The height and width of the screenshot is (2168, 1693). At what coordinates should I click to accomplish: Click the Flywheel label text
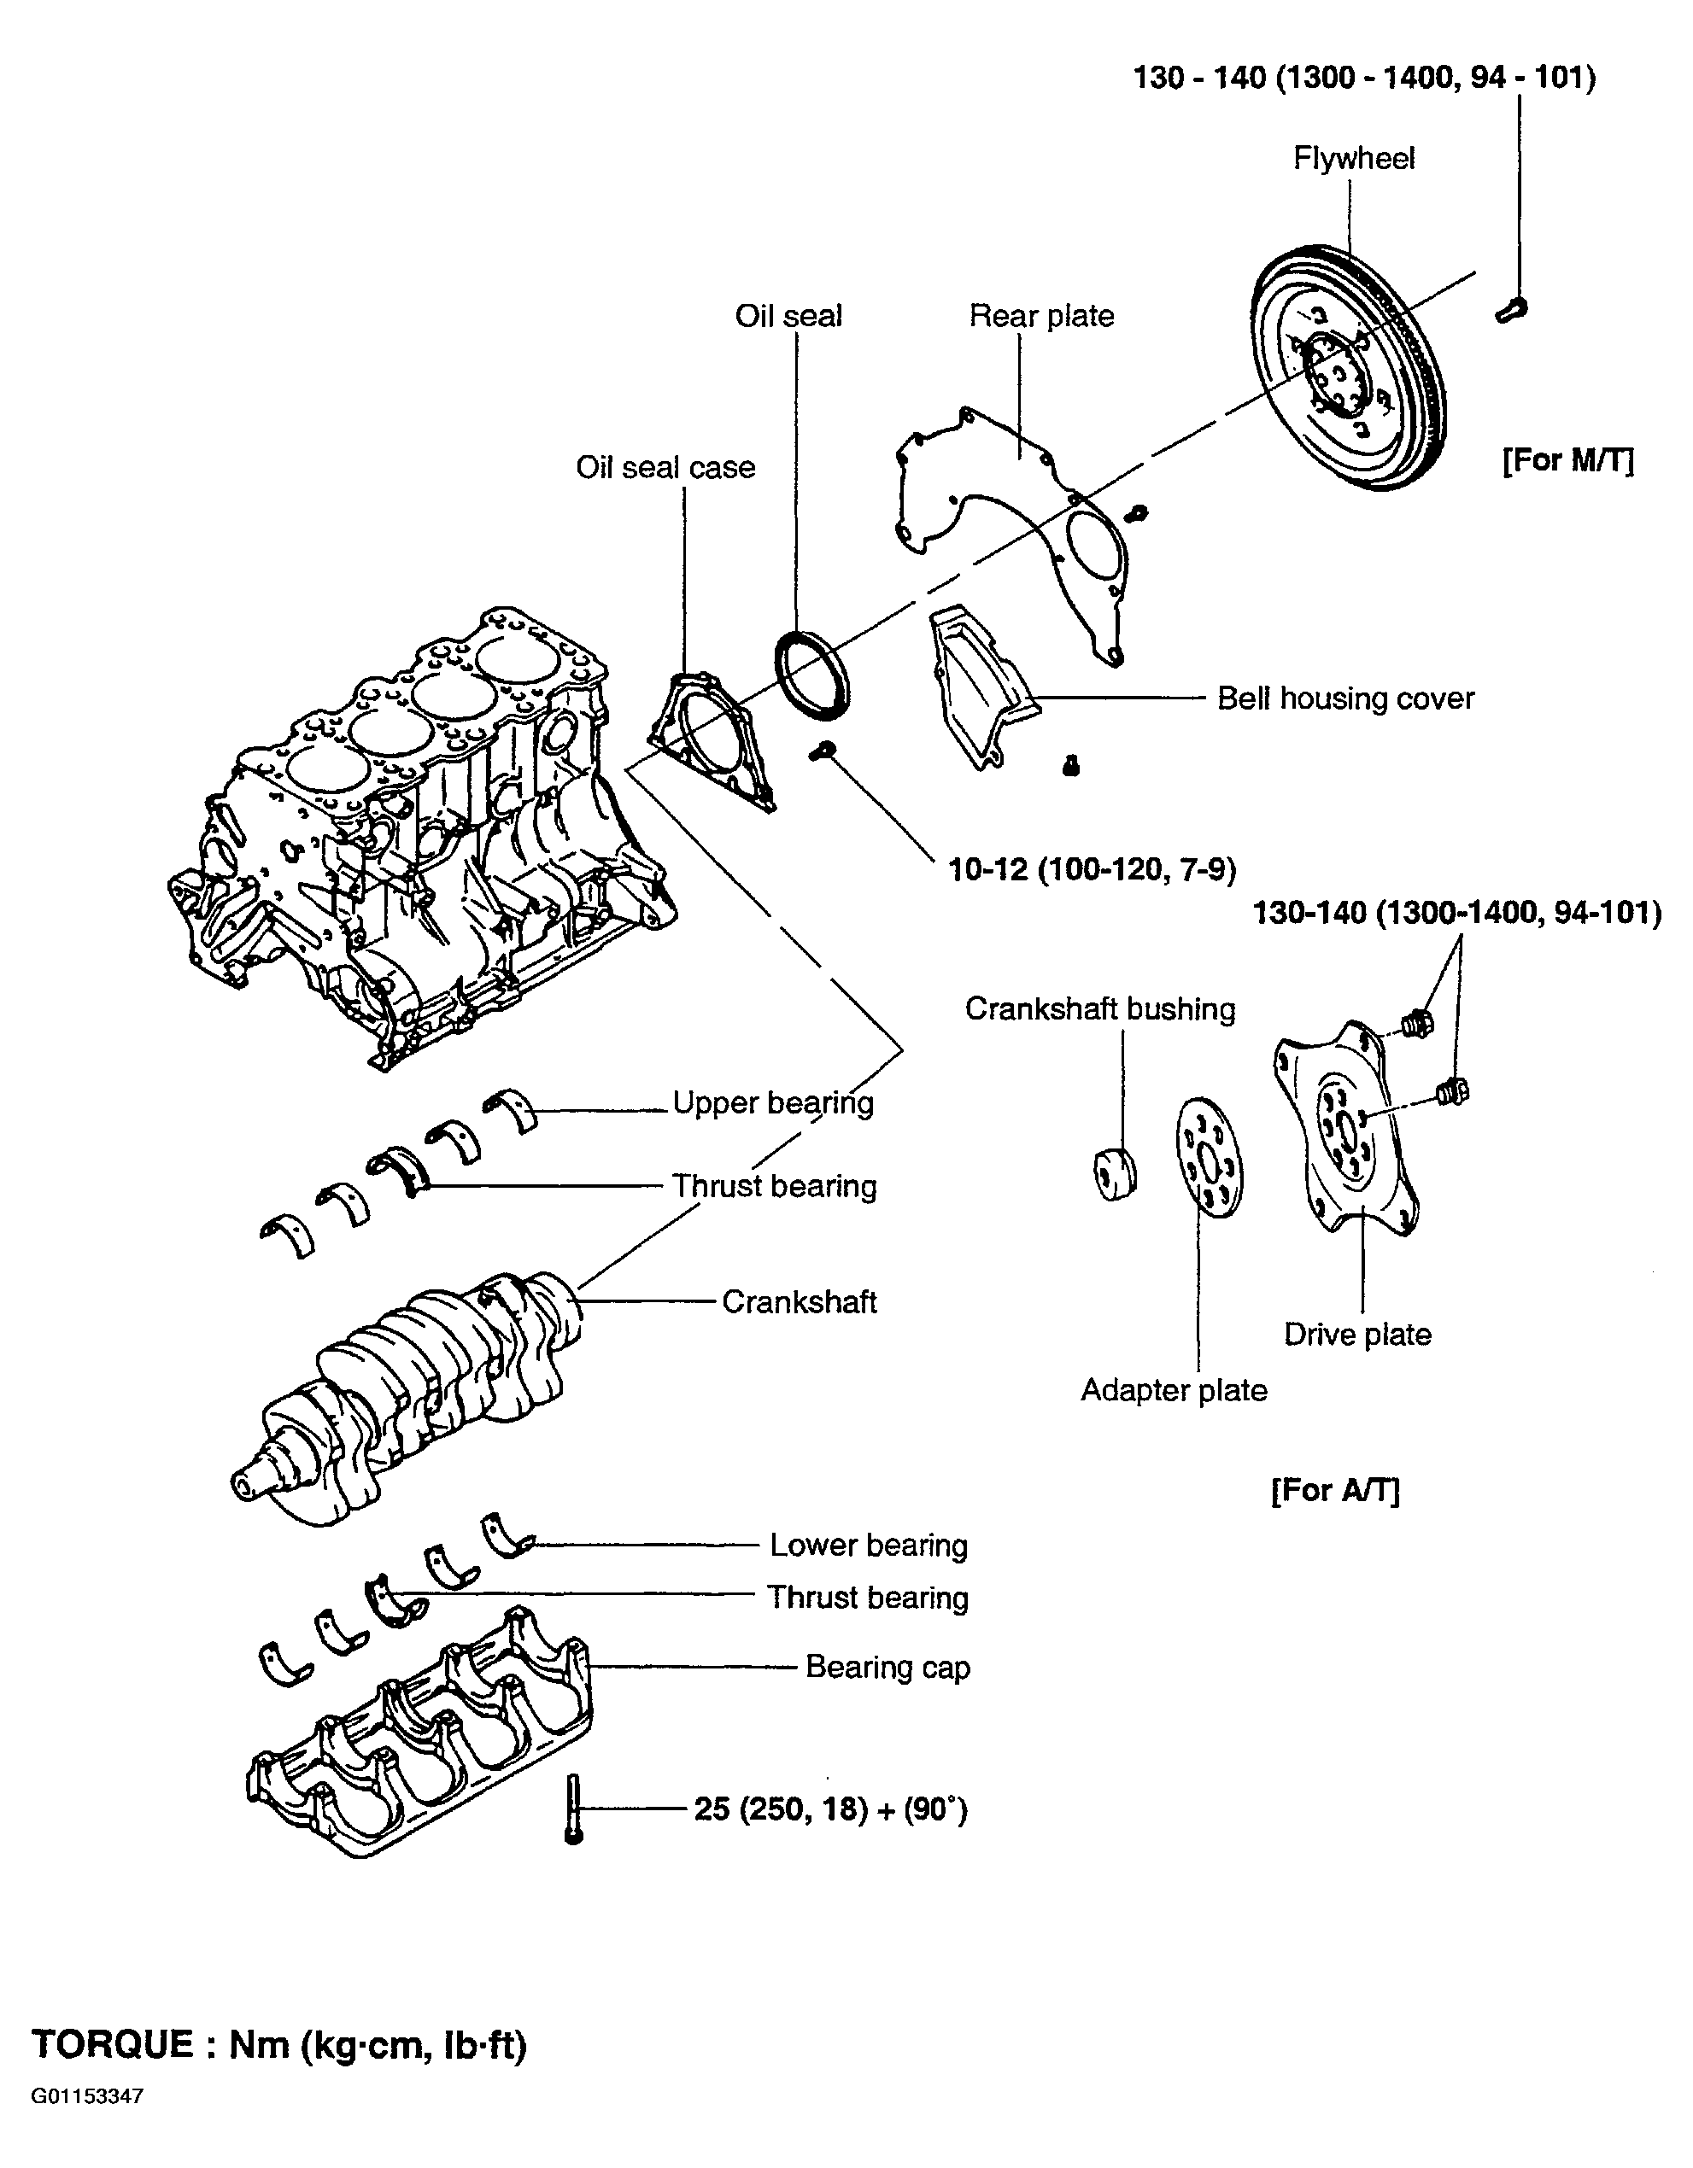click(1353, 159)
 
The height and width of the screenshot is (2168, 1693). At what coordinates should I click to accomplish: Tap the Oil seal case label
click(665, 468)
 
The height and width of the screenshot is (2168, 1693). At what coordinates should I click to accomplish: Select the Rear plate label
click(1041, 316)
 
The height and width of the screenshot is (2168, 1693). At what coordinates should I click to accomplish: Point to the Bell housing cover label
click(1345, 698)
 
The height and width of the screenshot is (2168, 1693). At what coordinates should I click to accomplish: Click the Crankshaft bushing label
click(1100, 1009)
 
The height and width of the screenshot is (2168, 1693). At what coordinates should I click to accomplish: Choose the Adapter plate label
click(1174, 1391)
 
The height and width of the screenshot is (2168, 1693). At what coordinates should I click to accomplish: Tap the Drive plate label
click(1357, 1334)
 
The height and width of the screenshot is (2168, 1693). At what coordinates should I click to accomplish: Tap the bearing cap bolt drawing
click(573, 1809)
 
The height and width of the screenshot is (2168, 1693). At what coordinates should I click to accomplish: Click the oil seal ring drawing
click(811, 674)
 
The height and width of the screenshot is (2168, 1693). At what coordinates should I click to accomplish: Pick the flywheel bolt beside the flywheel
click(1510, 307)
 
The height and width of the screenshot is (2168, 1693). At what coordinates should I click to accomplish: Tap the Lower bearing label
click(868, 1546)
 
